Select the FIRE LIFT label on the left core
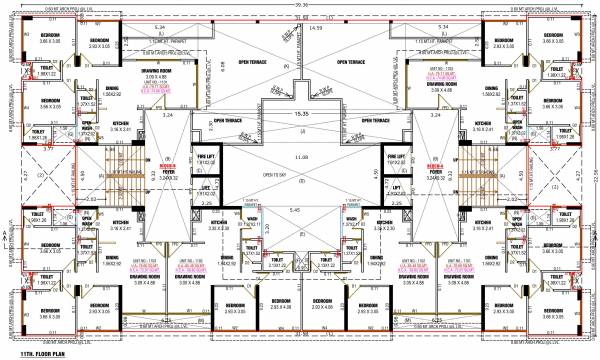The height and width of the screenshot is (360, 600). click(x=206, y=158)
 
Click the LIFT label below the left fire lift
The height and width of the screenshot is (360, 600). click(x=206, y=187)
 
